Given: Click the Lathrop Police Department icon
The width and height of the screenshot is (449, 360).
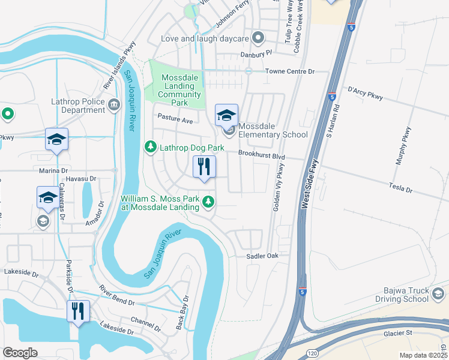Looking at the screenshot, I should point(114,106).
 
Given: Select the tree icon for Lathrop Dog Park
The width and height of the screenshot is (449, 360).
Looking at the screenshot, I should point(149,147).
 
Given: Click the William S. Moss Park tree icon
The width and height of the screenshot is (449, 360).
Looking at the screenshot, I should point(208,202).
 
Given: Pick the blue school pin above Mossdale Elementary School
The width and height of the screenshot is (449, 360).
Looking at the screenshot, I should point(227,116).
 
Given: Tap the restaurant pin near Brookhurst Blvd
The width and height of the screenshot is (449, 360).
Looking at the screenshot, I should point(204,167).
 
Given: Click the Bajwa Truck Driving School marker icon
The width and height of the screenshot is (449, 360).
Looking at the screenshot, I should point(438,294).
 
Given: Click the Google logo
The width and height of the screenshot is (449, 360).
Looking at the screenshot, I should point(20,353).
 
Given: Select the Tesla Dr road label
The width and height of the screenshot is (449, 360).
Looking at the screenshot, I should point(401,188).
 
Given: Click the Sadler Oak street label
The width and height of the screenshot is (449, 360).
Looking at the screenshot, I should point(263,256).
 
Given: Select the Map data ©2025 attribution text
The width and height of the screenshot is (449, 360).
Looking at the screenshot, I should point(424,355).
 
